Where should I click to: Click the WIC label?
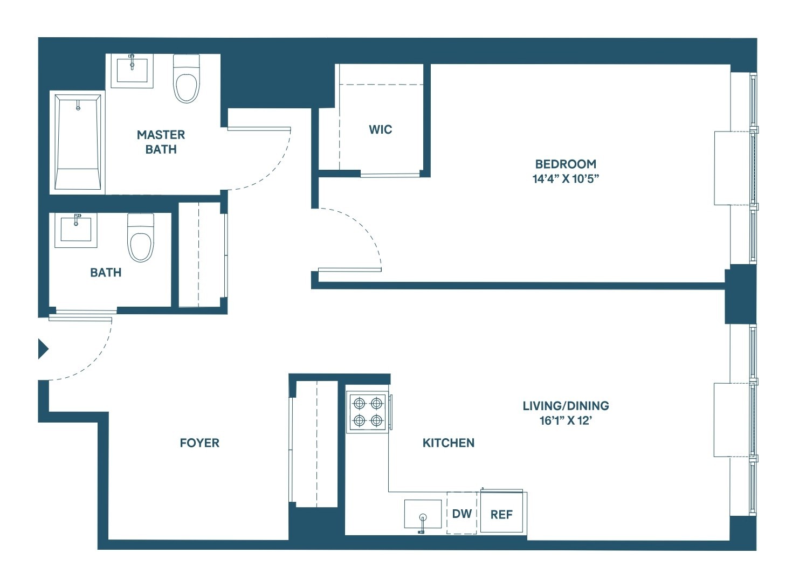380,129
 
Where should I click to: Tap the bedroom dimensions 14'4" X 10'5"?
566,179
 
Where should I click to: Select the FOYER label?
199,442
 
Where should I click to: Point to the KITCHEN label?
449,442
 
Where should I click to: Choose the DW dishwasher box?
462,513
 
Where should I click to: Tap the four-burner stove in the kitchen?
368,412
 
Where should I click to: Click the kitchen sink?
423,514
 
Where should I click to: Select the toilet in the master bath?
186,79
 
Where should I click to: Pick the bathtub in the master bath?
78,142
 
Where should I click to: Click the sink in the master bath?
132,70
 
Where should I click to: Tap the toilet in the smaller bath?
141,238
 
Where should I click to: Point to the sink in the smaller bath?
75,230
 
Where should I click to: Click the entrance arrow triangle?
43,349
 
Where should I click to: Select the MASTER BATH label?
161,142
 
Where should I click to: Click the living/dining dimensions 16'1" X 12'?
566,421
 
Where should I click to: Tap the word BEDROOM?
566,164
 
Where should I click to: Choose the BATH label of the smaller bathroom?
106,272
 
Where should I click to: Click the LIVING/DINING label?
566,406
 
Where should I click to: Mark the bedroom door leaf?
350,269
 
